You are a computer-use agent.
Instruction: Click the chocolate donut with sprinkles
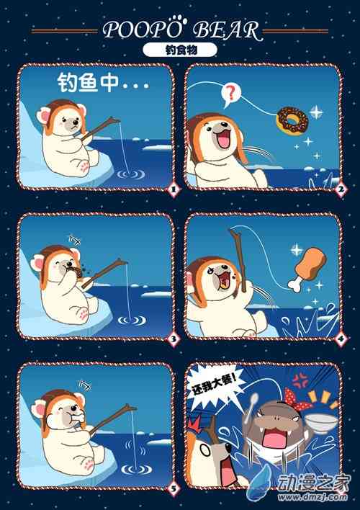(292, 120)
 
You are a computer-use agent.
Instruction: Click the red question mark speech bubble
(230, 94)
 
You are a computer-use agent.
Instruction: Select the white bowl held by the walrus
(321, 422)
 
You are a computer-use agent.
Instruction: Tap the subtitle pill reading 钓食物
(180, 50)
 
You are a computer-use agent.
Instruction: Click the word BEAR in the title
(227, 30)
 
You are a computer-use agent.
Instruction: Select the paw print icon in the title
(179, 19)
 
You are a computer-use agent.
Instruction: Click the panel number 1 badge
(174, 189)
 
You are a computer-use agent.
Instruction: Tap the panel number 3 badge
(174, 339)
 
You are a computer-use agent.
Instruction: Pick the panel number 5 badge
(174, 488)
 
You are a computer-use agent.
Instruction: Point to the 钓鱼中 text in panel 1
(88, 83)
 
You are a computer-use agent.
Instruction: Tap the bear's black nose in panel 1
(76, 123)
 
